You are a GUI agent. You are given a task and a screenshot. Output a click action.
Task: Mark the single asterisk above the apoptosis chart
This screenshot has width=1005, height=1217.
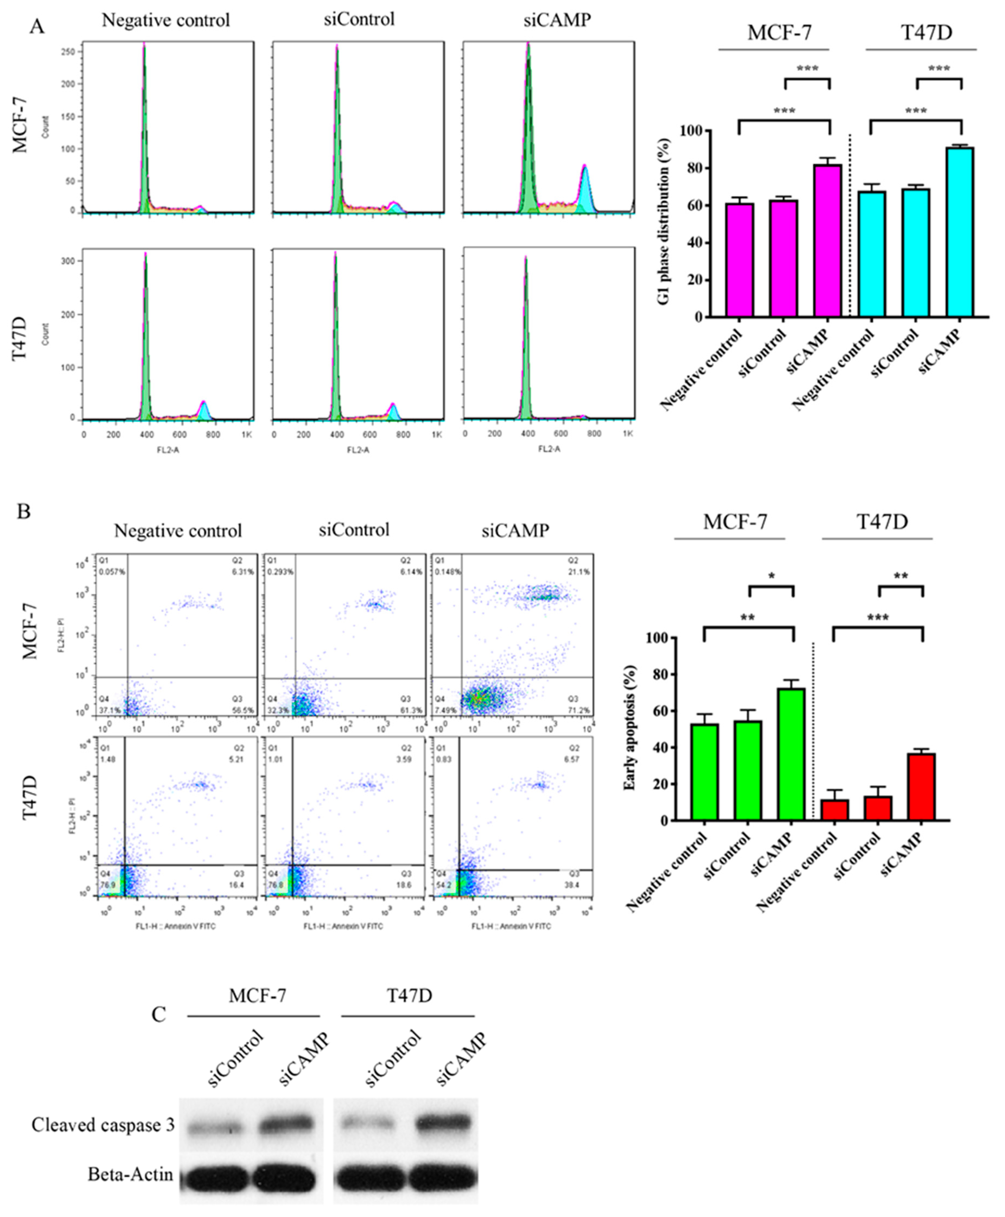[x=772, y=576]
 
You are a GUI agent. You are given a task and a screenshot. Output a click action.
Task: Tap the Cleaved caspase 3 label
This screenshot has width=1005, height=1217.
[x=103, y=1125]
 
